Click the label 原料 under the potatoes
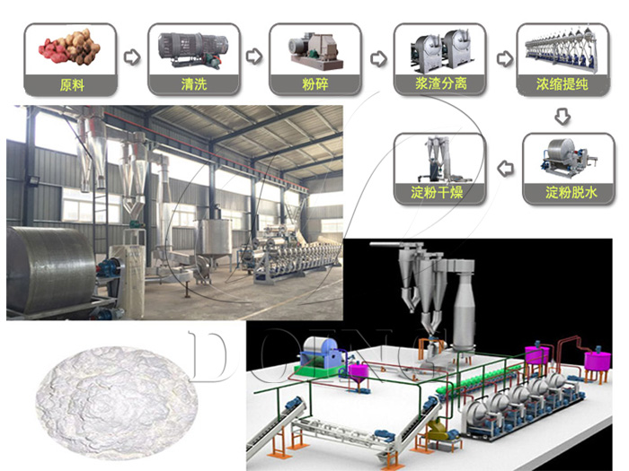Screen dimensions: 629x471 (72, 85)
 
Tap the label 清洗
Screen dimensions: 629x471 (194, 84)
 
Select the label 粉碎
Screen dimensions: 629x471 (315, 84)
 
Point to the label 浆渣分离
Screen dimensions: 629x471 (440, 83)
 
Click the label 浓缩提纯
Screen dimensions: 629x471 (563, 83)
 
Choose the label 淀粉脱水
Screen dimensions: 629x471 (571, 193)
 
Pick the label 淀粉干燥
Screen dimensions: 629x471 (437, 192)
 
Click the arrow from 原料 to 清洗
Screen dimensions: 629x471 (132, 57)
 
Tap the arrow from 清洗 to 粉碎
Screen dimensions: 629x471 (254, 57)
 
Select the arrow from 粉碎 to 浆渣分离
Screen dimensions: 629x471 (378, 59)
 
